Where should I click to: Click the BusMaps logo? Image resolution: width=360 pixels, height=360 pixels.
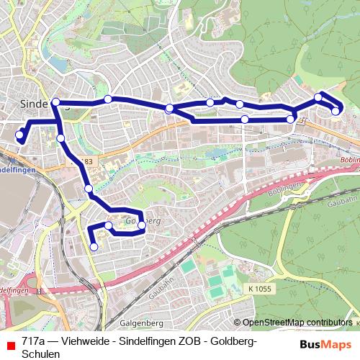pyautogui.click(x=325, y=343)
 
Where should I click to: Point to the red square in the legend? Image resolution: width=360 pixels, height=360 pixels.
pyautogui.click(x=10, y=343)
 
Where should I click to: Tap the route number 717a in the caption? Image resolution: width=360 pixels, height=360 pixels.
pyautogui.click(x=35, y=342)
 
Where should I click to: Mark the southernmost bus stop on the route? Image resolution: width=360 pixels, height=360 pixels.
pyautogui.click(x=94, y=247)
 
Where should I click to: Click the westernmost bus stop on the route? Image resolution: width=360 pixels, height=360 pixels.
pyautogui.click(x=19, y=135)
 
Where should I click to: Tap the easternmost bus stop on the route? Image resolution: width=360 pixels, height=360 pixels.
pyautogui.click(x=336, y=110)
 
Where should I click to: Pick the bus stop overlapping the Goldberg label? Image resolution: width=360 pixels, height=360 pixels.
pyautogui.click(x=141, y=225)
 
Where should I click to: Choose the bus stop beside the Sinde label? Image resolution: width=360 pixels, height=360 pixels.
pyautogui.click(x=55, y=102)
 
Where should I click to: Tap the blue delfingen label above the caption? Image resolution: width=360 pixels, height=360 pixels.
pyautogui.click(x=16, y=289)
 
